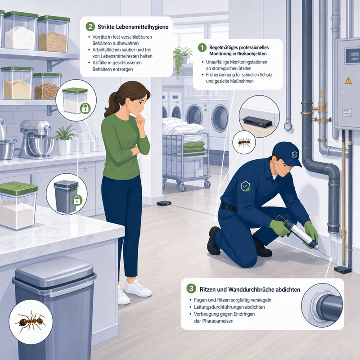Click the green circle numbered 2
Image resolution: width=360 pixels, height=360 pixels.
pyautogui.click(x=90, y=27)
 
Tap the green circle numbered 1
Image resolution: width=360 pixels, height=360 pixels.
pyautogui.click(x=202, y=48)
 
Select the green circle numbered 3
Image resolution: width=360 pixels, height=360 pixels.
pyautogui.click(x=191, y=288)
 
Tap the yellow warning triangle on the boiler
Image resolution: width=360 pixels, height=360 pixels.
pyautogui.click(x=348, y=81)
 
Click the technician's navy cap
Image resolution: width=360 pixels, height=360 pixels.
pyautogui.click(x=288, y=153)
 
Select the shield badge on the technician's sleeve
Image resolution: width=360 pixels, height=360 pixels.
pyautogui.click(x=245, y=186)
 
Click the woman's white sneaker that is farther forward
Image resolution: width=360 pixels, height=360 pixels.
pyautogui.click(x=138, y=288)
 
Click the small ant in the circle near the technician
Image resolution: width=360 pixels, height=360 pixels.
pyautogui.click(x=244, y=142)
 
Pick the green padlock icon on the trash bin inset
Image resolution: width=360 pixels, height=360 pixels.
pyautogui.click(x=76, y=200)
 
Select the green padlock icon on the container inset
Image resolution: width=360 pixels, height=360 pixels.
pyautogui.click(x=85, y=108)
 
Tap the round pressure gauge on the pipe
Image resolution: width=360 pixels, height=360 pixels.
pyautogui.click(x=288, y=126)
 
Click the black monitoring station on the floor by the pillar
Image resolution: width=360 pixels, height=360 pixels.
pyautogui.click(x=164, y=203)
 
